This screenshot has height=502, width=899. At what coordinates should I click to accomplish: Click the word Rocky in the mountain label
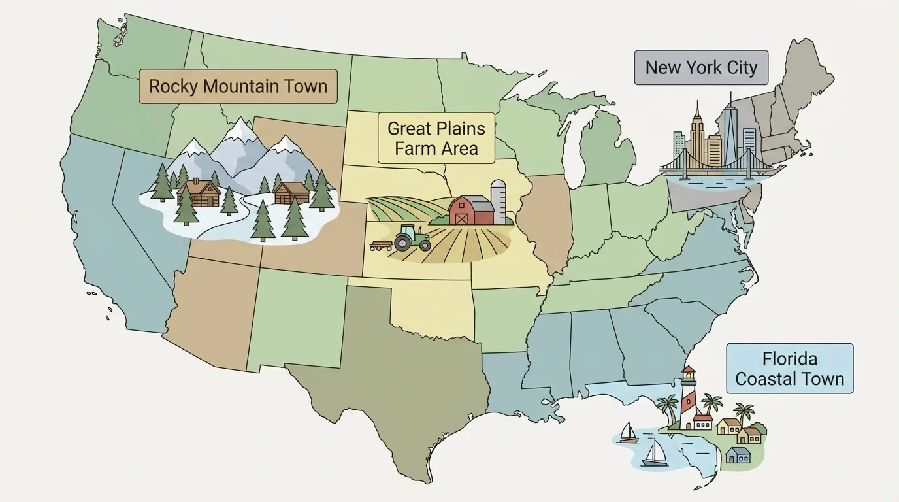click(x=172, y=86)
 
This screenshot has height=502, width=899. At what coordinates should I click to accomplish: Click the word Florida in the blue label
click(x=789, y=359)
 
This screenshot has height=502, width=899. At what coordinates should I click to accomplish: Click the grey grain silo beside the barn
click(x=499, y=202)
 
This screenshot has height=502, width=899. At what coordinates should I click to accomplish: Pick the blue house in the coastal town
click(x=738, y=455)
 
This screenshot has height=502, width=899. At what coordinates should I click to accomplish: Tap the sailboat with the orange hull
click(x=628, y=434)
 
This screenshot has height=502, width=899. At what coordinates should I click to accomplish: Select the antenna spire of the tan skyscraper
click(x=697, y=108)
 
